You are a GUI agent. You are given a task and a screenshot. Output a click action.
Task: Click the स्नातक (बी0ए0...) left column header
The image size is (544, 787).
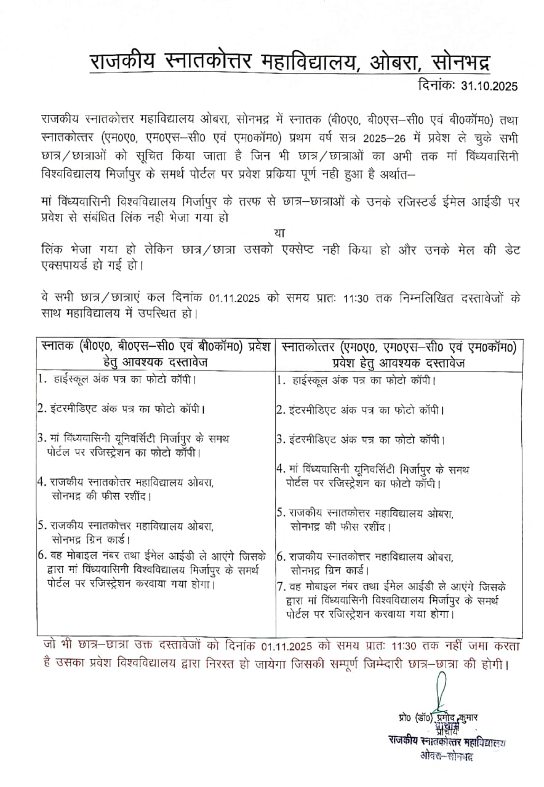[x=154, y=354]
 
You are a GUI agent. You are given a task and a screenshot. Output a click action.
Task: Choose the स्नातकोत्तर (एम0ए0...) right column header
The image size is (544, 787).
[x=399, y=354]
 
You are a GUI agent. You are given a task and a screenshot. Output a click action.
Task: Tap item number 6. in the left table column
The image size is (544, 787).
[x=43, y=555]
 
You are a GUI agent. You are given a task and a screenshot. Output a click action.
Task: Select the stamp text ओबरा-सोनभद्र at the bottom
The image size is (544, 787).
[x=447, y=755]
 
